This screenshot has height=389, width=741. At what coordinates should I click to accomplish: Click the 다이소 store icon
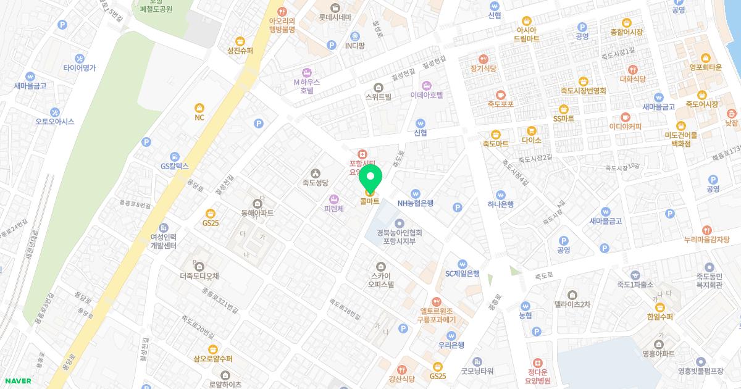click(x=531, y=130)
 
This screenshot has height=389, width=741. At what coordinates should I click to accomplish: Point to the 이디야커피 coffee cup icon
click(x=626, y=117)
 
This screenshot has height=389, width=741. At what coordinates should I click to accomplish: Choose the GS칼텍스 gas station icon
click(x=174, y=156)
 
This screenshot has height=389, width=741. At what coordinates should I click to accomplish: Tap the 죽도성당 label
click(x=315, y=183)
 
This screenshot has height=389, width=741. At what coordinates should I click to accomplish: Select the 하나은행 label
click(x=500, y=204)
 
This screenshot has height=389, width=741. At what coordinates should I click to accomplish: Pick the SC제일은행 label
click(x=463, y=274)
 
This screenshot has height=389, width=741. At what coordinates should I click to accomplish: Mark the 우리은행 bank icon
click(x=451, y=335)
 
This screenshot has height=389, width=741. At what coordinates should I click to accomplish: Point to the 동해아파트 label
click(x=257, y=213)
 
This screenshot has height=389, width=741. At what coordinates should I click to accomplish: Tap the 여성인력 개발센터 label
click(x=163, y=241)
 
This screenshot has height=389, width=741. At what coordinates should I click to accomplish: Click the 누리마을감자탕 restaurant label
click(x=706, y=239)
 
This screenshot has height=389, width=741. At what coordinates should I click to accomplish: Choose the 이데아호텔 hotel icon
click(x=426, y=85)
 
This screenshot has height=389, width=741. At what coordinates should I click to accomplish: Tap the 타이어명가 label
click(x=79, y=68)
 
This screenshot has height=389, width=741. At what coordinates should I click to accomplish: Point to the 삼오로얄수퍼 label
click(x=212, y=359)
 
